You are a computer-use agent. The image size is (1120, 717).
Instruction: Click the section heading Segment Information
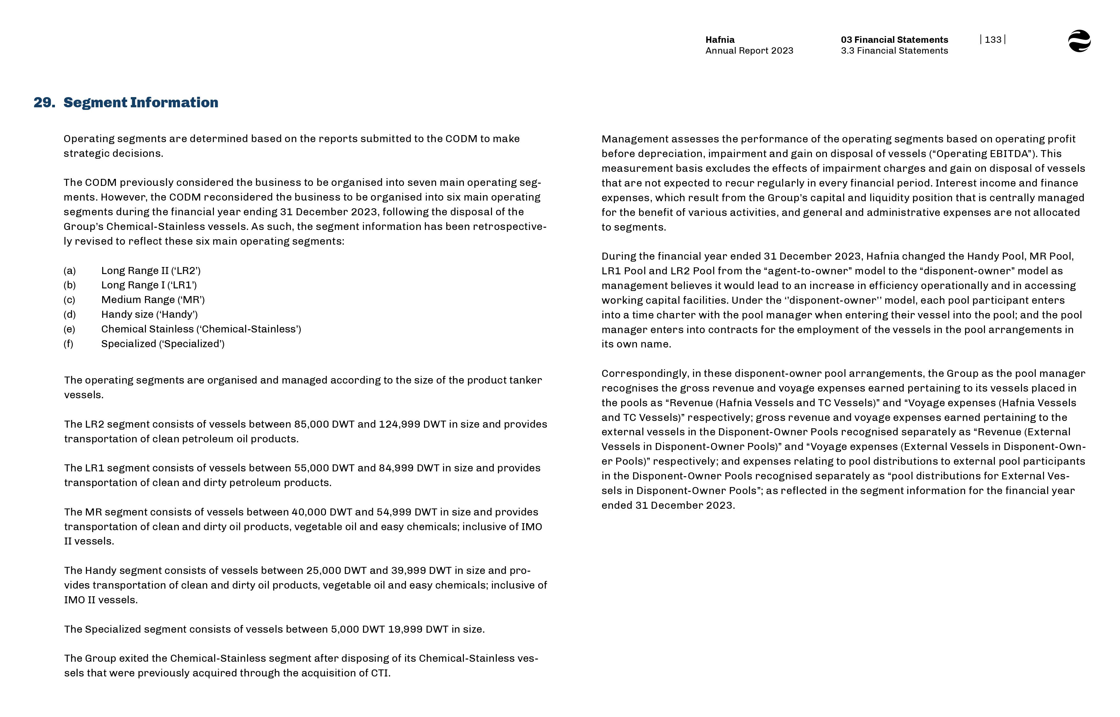[x=140, y=103]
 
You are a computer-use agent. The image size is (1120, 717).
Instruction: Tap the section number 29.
[x=44, y=103]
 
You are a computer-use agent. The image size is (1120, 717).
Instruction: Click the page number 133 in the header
[x=993, y=40]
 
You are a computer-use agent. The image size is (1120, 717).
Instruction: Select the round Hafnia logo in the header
[x=1079, y=41]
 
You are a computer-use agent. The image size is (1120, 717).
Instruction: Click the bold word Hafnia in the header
[x=720, y=40]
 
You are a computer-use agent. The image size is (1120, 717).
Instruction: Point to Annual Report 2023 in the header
[x=749, y=51]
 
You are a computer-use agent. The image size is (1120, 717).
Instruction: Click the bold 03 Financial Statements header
[x=894, y=40]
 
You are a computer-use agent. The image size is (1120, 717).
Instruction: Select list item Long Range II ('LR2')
[x=151, y=271]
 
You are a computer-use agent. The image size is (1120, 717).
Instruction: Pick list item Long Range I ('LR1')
[x=149, y=285]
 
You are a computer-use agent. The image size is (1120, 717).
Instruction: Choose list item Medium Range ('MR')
[x=153, y=300]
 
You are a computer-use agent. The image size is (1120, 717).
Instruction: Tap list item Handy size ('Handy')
[x=149, y=314]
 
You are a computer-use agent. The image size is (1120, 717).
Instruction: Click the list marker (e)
[x=69, y=329]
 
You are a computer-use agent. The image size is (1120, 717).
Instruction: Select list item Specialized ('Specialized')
[x=163, y=344]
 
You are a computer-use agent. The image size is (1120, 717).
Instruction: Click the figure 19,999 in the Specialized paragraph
[x=405, y=629]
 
